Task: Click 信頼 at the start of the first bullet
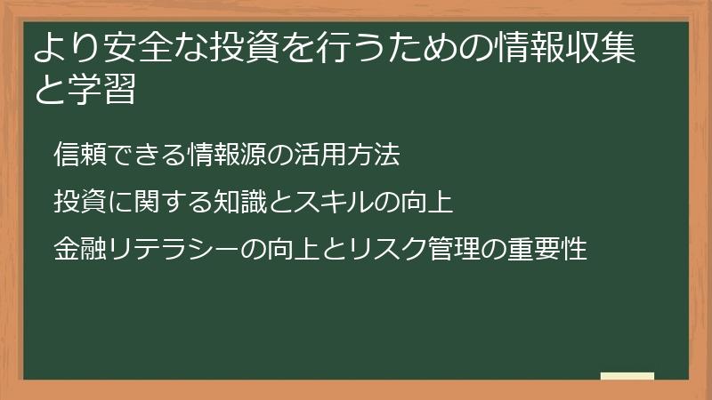pos(77,156)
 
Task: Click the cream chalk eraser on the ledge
pos(627,376)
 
